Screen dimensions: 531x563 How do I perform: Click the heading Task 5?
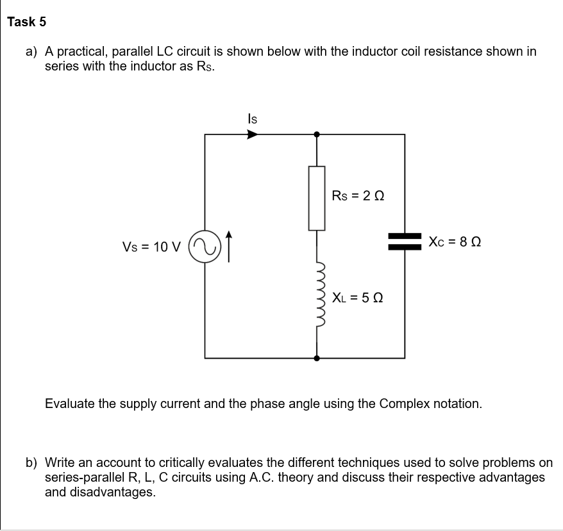point(27,22)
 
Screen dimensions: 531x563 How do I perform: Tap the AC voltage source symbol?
point(205,246)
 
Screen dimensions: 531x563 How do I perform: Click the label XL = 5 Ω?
point(358,298)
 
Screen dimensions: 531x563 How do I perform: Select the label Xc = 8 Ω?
point(455,243)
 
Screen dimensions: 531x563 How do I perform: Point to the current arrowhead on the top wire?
point(253,135)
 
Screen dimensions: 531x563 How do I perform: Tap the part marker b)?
point(31,462)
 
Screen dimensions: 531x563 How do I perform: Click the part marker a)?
point(31,51)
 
